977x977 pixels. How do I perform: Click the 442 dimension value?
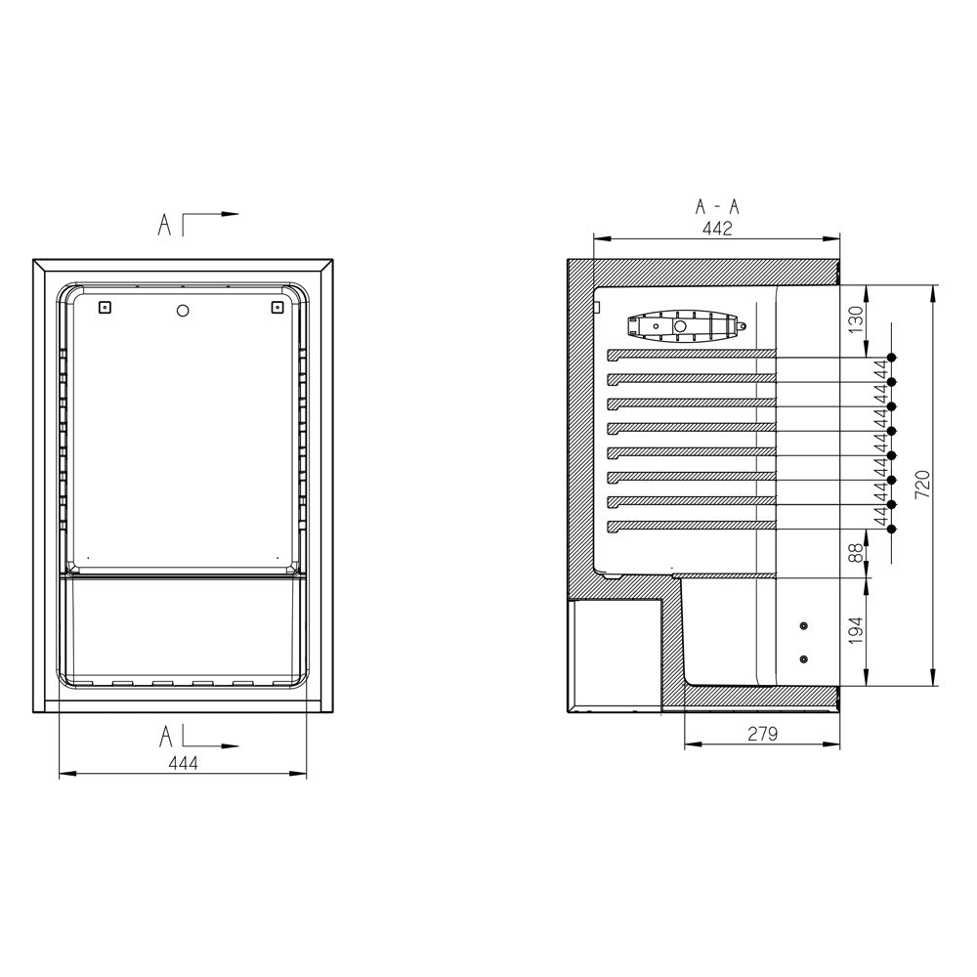pyautogui.click(x=717, y=229)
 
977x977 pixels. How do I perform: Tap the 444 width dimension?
pyautogui.click(x=184, y=763)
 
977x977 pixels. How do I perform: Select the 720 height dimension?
pyautogui.click(x=922, y=485)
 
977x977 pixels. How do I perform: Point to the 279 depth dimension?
pyautogui.click(x=763, y=734)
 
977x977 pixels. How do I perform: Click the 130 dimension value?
pyautogui.click(x=857, y=319)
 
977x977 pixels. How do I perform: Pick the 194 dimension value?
pyautogui.click(x=857, y=630)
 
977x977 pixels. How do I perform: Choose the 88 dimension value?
pyautogui.click(x=857, y=553)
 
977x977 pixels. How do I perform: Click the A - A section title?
pyautogui.click(x=717, y=207)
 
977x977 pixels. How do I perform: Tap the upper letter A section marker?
pyautogui.click(x=164, y=225)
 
